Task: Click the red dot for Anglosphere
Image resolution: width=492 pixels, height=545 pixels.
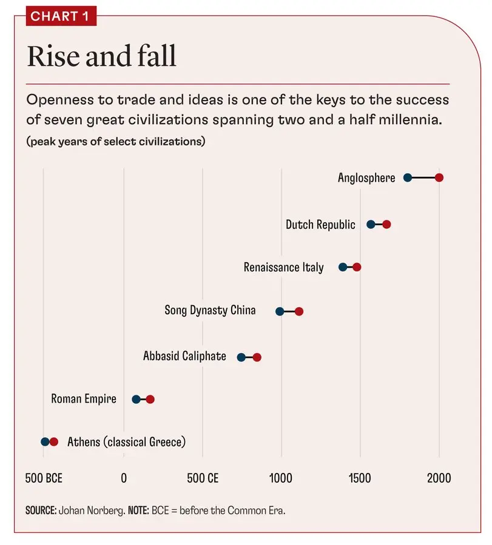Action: (x=439, y=177)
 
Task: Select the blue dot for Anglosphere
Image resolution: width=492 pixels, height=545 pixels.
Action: (x=408, y=177)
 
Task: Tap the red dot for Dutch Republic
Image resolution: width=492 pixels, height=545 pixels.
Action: (x=386, y=225)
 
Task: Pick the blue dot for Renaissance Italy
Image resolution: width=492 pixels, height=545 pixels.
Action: (x=343, y=267)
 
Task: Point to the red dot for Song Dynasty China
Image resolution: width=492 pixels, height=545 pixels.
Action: (x=298, y=311)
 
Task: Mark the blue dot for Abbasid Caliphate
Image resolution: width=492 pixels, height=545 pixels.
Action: (x=241, y=357)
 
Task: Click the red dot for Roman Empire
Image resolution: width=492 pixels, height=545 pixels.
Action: (x=150, y=399)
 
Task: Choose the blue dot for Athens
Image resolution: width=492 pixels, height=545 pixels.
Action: (x=45, y=442)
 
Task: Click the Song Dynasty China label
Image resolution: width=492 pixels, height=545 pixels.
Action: (x=210, y=310)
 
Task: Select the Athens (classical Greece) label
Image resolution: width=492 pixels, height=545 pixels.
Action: (x=126, y=442)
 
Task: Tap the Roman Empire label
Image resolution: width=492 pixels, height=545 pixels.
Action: (x=84, y=399)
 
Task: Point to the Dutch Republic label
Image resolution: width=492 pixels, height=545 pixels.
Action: (x=320, y=225)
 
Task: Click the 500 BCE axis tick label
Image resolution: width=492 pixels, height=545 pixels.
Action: (x=44, y=478)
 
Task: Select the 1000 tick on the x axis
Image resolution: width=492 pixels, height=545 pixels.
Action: (x=281, y=478)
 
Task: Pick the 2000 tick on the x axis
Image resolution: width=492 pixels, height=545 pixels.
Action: (x=439, y=478)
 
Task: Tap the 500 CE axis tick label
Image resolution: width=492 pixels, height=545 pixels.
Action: (x=203, y=478)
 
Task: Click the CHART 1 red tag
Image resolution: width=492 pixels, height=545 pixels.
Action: (x=61, y=16)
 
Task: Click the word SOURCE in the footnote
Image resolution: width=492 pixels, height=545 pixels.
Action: (x=41, y=510)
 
